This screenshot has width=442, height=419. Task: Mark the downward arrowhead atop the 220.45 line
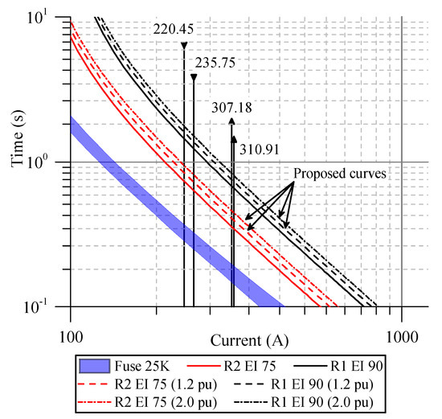click(x=184, y=45)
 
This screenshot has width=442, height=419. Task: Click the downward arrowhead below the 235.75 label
click(x=194, y=77)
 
